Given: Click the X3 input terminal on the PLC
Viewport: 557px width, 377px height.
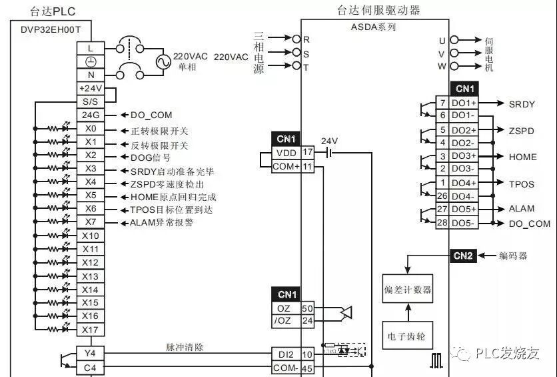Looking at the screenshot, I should (91, 169).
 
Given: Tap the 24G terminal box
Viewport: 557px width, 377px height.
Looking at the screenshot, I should (90, 115).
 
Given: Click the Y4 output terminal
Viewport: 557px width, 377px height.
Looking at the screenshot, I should (90, 353).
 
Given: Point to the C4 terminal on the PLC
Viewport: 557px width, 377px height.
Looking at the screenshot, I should (90, 367).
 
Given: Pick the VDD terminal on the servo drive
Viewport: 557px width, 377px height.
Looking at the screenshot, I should (286, 153).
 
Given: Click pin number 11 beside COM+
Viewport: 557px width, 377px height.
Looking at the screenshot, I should (307, 166).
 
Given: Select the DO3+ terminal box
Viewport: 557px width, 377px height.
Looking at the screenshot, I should (464, 156).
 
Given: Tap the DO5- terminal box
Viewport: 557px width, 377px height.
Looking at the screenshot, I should (464, 223).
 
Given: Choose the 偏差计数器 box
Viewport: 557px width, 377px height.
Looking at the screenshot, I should (408, 290).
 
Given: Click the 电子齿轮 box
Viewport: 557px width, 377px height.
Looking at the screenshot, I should (408, 336).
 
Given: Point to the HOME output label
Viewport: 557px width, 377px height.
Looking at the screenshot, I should (522, 157).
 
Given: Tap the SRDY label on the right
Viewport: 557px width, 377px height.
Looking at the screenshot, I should (522, 104).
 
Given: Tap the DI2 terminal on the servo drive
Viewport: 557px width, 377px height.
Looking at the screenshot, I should (286, 354).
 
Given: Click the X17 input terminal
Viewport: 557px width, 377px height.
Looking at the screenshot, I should (91, 330).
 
